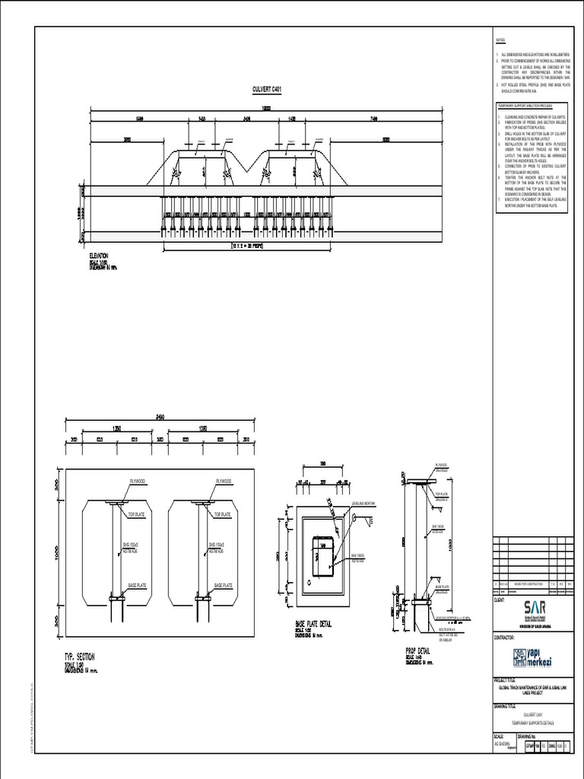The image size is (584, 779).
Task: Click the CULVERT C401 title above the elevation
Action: tap(267, 90)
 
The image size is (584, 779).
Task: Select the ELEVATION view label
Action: tap(100, 256)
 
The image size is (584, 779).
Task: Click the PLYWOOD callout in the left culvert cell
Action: tap(138, 482)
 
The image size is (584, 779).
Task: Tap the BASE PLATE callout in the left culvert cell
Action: tap(138, 586)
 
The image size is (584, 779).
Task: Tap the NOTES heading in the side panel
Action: tap(500, 40)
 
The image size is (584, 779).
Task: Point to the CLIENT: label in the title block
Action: tap(500, 600)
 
